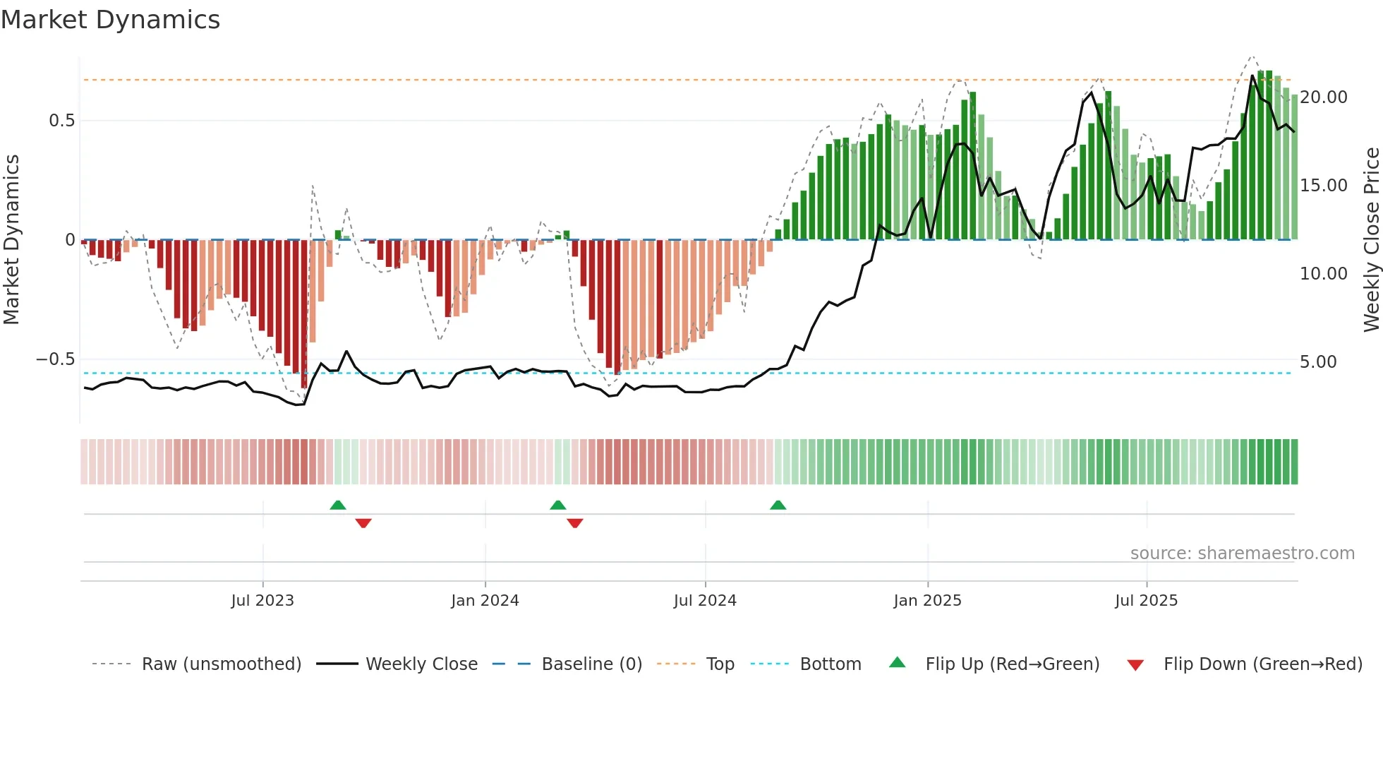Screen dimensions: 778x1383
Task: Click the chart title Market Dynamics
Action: [x=111, y=20]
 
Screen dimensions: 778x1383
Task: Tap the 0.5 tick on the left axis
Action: [x=61, y=121]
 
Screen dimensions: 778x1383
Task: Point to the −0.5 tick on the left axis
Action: [x=55, y=359]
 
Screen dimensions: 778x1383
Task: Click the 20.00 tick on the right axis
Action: [x=1323, y=97]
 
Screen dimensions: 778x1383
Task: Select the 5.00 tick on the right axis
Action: [x=1318, y=362]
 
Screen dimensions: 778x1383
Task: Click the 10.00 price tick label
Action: [x=1323, y=274]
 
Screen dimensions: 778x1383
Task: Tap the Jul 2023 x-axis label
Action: [x=262, y=601]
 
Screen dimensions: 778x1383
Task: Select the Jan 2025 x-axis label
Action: [x=927, y=601]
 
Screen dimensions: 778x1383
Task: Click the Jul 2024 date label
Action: [x=705, y=601]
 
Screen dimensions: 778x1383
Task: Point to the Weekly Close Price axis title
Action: [x=1371, y=240]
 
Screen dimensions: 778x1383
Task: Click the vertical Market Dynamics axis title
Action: [x=11, y=240]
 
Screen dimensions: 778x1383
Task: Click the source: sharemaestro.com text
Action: [x=1242, y=553]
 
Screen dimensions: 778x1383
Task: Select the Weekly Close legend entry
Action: [x=421, y=664]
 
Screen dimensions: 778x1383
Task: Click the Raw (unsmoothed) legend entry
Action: [x=221, y=664]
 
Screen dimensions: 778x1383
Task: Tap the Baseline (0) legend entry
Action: [x=591, y=664]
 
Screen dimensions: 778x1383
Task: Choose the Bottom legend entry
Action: [x=830, y=664]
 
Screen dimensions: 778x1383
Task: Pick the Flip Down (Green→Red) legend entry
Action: [x=1262, y=664]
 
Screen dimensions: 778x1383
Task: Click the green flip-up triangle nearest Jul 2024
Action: [x=778, y=505]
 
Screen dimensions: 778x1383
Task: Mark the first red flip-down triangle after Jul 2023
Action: [x=363, y=523]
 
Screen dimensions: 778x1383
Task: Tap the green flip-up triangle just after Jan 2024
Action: [x=557, y=505]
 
